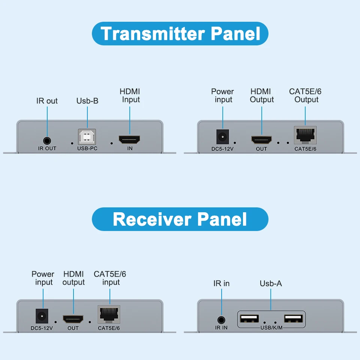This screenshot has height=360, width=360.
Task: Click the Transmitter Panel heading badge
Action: coord(180,33)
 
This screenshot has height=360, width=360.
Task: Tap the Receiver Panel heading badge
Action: coord(180,219)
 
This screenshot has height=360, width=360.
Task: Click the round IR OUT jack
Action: coord(47,141)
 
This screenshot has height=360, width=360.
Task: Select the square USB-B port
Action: coord(87,137)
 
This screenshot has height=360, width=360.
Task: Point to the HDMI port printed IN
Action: coord(129,140)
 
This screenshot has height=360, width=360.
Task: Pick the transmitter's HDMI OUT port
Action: coord(261,140)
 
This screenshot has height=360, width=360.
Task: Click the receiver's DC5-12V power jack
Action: coord(42,316)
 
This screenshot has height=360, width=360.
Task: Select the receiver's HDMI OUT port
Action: coord(73,319)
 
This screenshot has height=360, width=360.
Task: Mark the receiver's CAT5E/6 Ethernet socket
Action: coord(109,315)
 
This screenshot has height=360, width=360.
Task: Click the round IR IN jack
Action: coord(221,320)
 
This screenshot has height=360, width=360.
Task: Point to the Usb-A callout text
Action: coord(271,283)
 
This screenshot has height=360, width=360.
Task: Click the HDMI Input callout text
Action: coord(130,96)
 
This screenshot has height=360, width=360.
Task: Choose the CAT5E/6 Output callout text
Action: coord(305,96)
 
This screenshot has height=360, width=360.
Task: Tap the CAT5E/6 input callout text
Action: coord(110,278)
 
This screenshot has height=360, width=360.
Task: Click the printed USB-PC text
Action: coord(87,148)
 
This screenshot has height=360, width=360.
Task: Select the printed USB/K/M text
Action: coord(271,328)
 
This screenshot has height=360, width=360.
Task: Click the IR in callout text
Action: coord(221,283)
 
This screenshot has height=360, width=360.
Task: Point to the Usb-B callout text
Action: coord(87,101)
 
